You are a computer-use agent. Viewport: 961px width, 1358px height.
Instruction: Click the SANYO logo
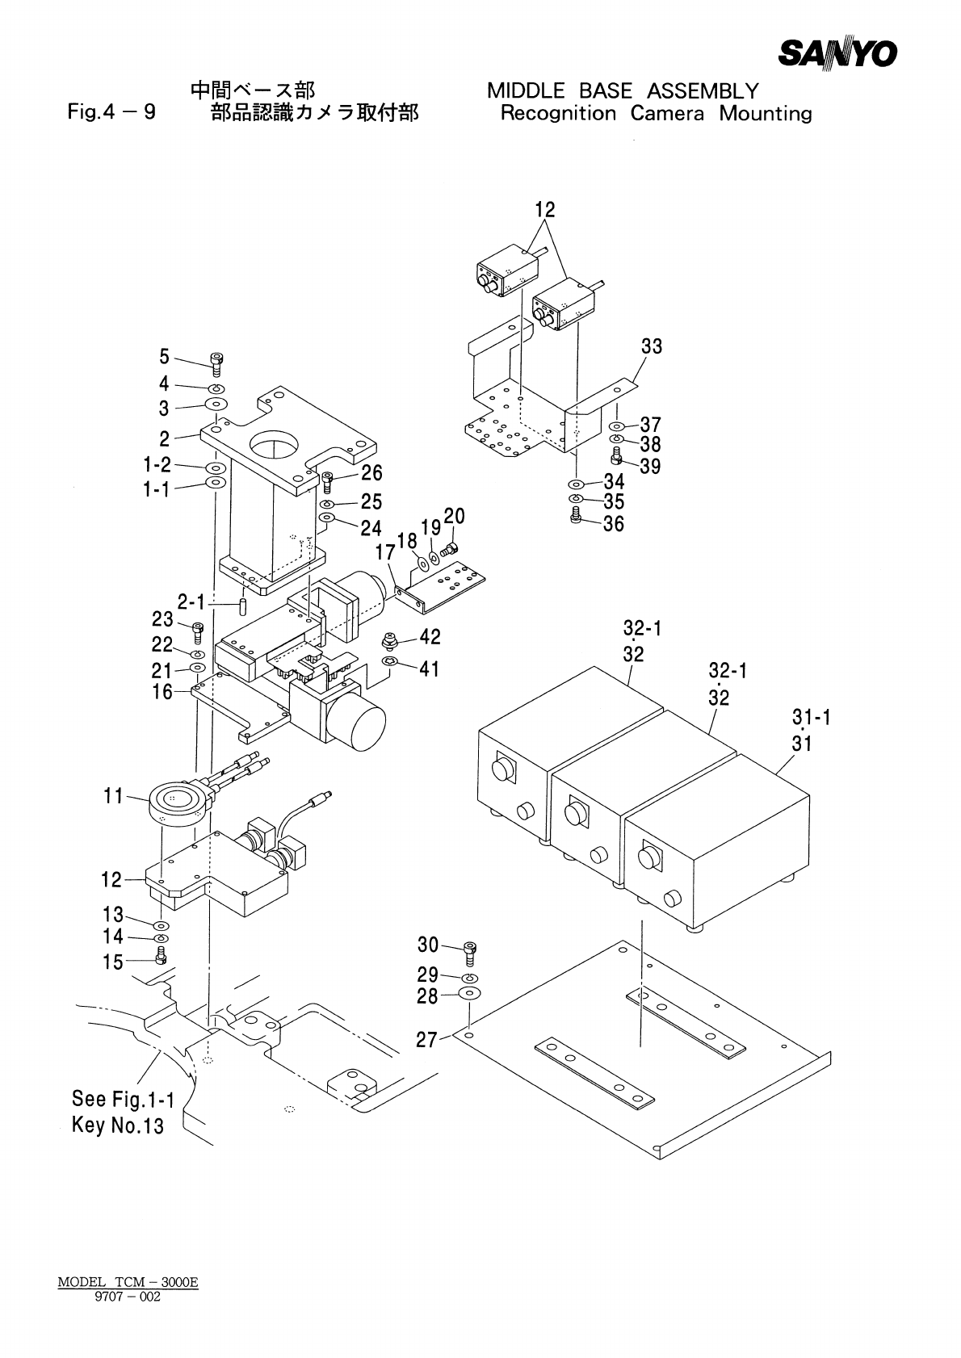(837, 53)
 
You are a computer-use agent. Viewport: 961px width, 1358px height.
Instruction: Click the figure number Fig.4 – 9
(111, 112)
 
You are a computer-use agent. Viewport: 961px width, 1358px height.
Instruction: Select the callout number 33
(652, 346)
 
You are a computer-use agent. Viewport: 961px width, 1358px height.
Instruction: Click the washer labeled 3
(216, 404)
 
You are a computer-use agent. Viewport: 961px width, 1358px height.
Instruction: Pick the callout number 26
(371, 472)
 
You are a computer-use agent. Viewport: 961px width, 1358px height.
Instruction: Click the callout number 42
(430, 636)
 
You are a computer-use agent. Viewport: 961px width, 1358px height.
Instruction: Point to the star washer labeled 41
(389, 660)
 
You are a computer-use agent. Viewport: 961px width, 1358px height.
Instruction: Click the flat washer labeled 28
(469, 993)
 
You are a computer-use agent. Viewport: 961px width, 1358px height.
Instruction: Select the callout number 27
(426, 1040)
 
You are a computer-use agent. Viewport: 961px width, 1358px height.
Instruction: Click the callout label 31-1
(812, 717)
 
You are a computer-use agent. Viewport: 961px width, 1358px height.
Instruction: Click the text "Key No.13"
(118, 1125)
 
